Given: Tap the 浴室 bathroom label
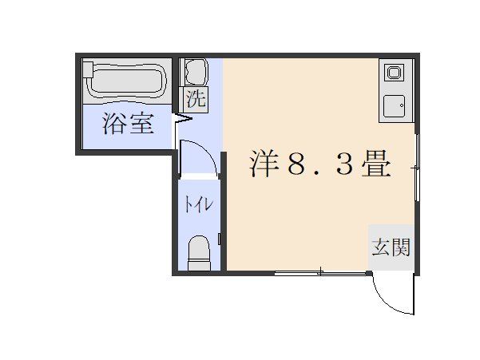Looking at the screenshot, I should (x=128, y=125).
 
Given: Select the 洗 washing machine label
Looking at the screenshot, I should (x=196, y=99).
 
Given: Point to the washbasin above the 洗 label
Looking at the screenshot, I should (x=196, y=73).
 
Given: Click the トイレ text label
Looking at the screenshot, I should (x=199, y=204).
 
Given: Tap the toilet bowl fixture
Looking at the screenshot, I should (x=198, y=253).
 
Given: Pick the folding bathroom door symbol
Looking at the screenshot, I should (x=183, y=120).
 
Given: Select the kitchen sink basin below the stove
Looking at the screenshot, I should (x=394, y=105).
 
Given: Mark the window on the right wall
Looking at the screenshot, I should (x=417, y=168).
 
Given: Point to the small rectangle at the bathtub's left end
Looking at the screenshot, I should (x=89, y=70).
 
